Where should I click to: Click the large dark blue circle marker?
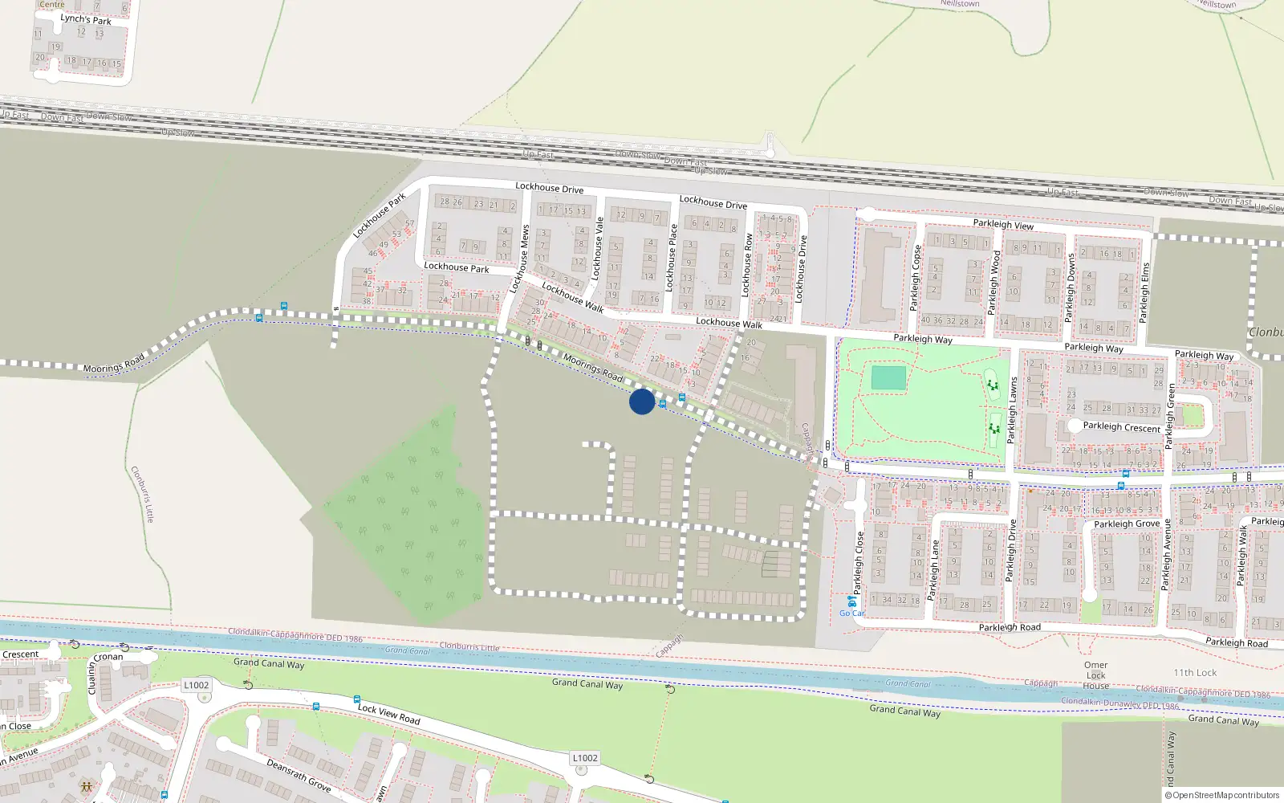tap(641, 401)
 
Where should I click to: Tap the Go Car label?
tap(852, 613)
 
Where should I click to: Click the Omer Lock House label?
tap(1095, 675)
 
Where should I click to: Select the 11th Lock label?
tap(1195, 673)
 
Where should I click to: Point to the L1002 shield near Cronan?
tap(196, 685)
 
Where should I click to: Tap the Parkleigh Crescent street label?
tap(1121, 427)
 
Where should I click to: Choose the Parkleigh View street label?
tap(1003, 225)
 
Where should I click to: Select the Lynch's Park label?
tap(86, 19)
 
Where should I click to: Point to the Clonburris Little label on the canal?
tap(469, 647)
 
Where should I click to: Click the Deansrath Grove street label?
tap(299, 776)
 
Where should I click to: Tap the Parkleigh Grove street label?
tap(1127, 524)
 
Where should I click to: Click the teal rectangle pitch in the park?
tap(888, 377)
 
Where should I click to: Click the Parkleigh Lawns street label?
tap(1012, 410)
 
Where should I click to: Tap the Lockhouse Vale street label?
tap(598, 248)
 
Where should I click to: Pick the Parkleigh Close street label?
tap(859, 561)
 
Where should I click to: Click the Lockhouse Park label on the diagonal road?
tap(379, 215)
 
